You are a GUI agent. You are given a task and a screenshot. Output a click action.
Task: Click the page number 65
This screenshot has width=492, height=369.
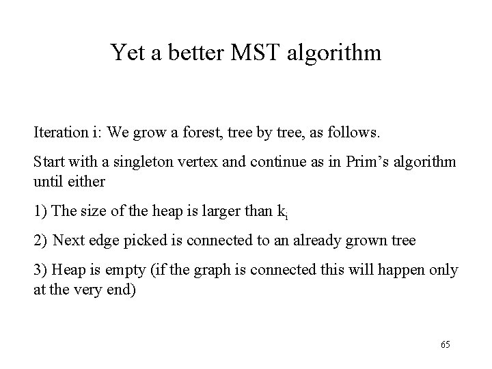click(x=445, y=344)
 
